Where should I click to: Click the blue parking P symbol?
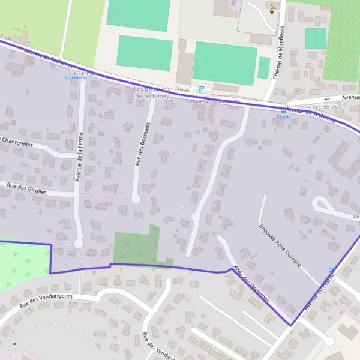[x=202, y=89]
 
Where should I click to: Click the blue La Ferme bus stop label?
[x=76, y=77]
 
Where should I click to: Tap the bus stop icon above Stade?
[x=283, y=110]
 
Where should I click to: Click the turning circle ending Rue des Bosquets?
[x=136, y=199]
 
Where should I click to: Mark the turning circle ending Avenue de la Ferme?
[x=78, y=243]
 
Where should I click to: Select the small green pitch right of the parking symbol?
[x=263, y=68]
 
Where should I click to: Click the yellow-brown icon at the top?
[x=273, y=8]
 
